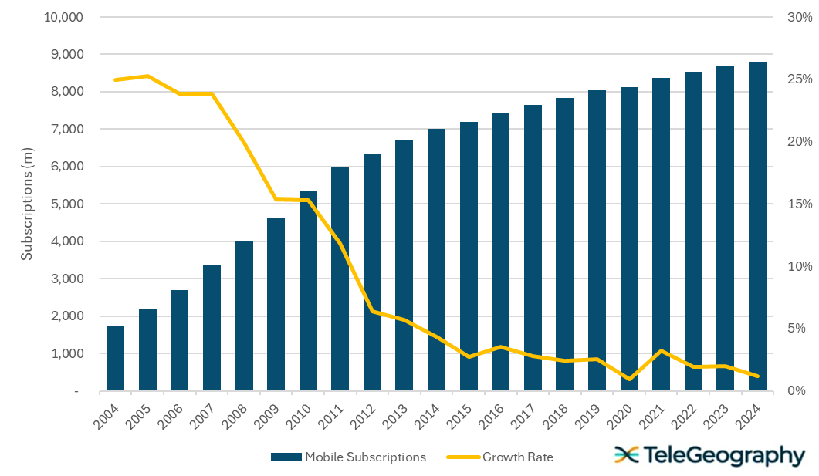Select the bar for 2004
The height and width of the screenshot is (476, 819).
(115, 358)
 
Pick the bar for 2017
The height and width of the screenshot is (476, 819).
(533, 248)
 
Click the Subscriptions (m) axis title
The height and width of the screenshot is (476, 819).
(27, 204)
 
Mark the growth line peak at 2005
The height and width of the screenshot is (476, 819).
(147, 76)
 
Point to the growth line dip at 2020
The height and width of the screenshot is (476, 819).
(629, 379)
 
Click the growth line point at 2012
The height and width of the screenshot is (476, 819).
(373, 312)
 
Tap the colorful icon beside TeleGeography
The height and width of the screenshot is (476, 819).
(626, 455)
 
